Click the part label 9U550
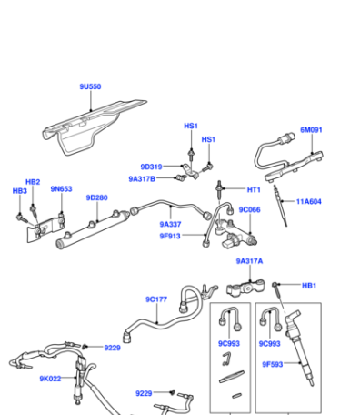tap(90, 86)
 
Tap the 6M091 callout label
tap(311, 130)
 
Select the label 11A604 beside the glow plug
tap(308, 201)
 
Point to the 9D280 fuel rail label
tap(97, 197)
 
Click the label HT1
tap(254, 189)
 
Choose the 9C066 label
tap(249, 209)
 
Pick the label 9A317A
tap(249, 261)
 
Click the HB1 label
tap(309, 286)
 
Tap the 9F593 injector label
tap(273, 364)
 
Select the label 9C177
tap(156, 299)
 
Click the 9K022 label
tap(50, 379)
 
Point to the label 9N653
tap(61, 189)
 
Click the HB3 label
tap(20, 191)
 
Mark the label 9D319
tap(151, 167)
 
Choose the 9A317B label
tap(142, 179)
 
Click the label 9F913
tap(170, 236)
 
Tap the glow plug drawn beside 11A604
tap(280, 206)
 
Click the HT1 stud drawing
tap(219, 190)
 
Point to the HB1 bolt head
tap(275, 285)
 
